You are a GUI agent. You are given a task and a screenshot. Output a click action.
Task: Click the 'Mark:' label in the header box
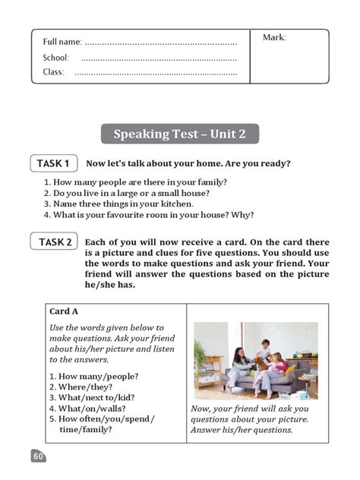click(x=274, y=37)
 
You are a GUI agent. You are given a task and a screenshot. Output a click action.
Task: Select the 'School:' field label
click(x=56, y=58)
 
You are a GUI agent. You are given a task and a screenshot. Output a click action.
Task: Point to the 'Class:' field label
click(x=53, y=72)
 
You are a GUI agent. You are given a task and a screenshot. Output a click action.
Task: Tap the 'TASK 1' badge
click(x=53, y=163)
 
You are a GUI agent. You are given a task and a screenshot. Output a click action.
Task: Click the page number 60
click(x=38, y=456)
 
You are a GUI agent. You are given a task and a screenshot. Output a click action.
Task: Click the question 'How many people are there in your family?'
click(x=135, y=182)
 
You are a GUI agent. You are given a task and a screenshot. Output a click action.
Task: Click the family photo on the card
click(x=255, y=362)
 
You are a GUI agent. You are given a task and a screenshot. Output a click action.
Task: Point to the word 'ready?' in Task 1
click(x=275, y=163)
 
